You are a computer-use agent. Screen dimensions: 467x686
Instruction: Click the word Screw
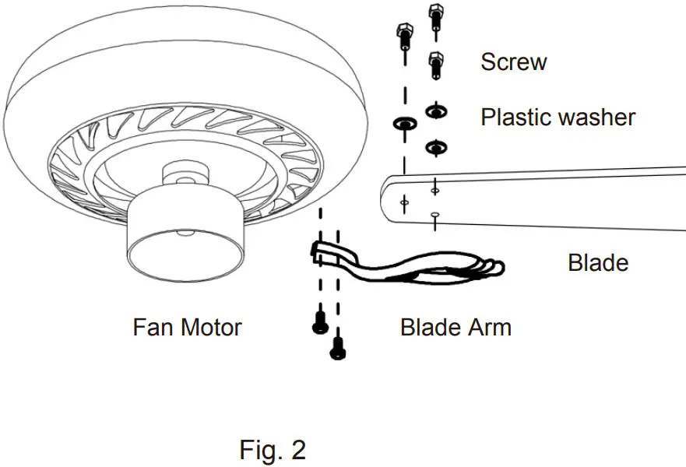(513, 61)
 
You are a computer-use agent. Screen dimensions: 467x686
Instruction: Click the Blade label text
(598, 262)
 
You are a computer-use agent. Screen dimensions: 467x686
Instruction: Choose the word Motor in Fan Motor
(212, 327)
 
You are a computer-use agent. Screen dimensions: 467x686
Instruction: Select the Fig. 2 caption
(272, 450)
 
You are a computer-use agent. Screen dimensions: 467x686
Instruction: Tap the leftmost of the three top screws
(403, 34)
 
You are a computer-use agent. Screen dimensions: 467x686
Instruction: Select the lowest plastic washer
(435, 146)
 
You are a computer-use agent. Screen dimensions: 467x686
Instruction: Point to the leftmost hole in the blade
(403, 202)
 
